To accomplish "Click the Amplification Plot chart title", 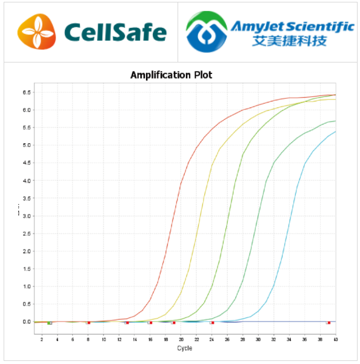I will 172,75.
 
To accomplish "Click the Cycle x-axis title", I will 184,348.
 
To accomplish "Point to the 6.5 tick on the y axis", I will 27,92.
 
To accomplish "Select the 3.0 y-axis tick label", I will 27,216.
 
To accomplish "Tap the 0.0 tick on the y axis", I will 27,322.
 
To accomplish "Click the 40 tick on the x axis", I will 335,337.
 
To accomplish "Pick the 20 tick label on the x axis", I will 181,337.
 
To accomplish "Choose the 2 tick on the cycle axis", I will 41,337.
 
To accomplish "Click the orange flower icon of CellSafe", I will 38,32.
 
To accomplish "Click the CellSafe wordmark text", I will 115,32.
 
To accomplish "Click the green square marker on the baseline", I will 50,323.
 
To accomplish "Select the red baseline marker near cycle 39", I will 328,323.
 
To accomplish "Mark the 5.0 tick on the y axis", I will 27,145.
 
